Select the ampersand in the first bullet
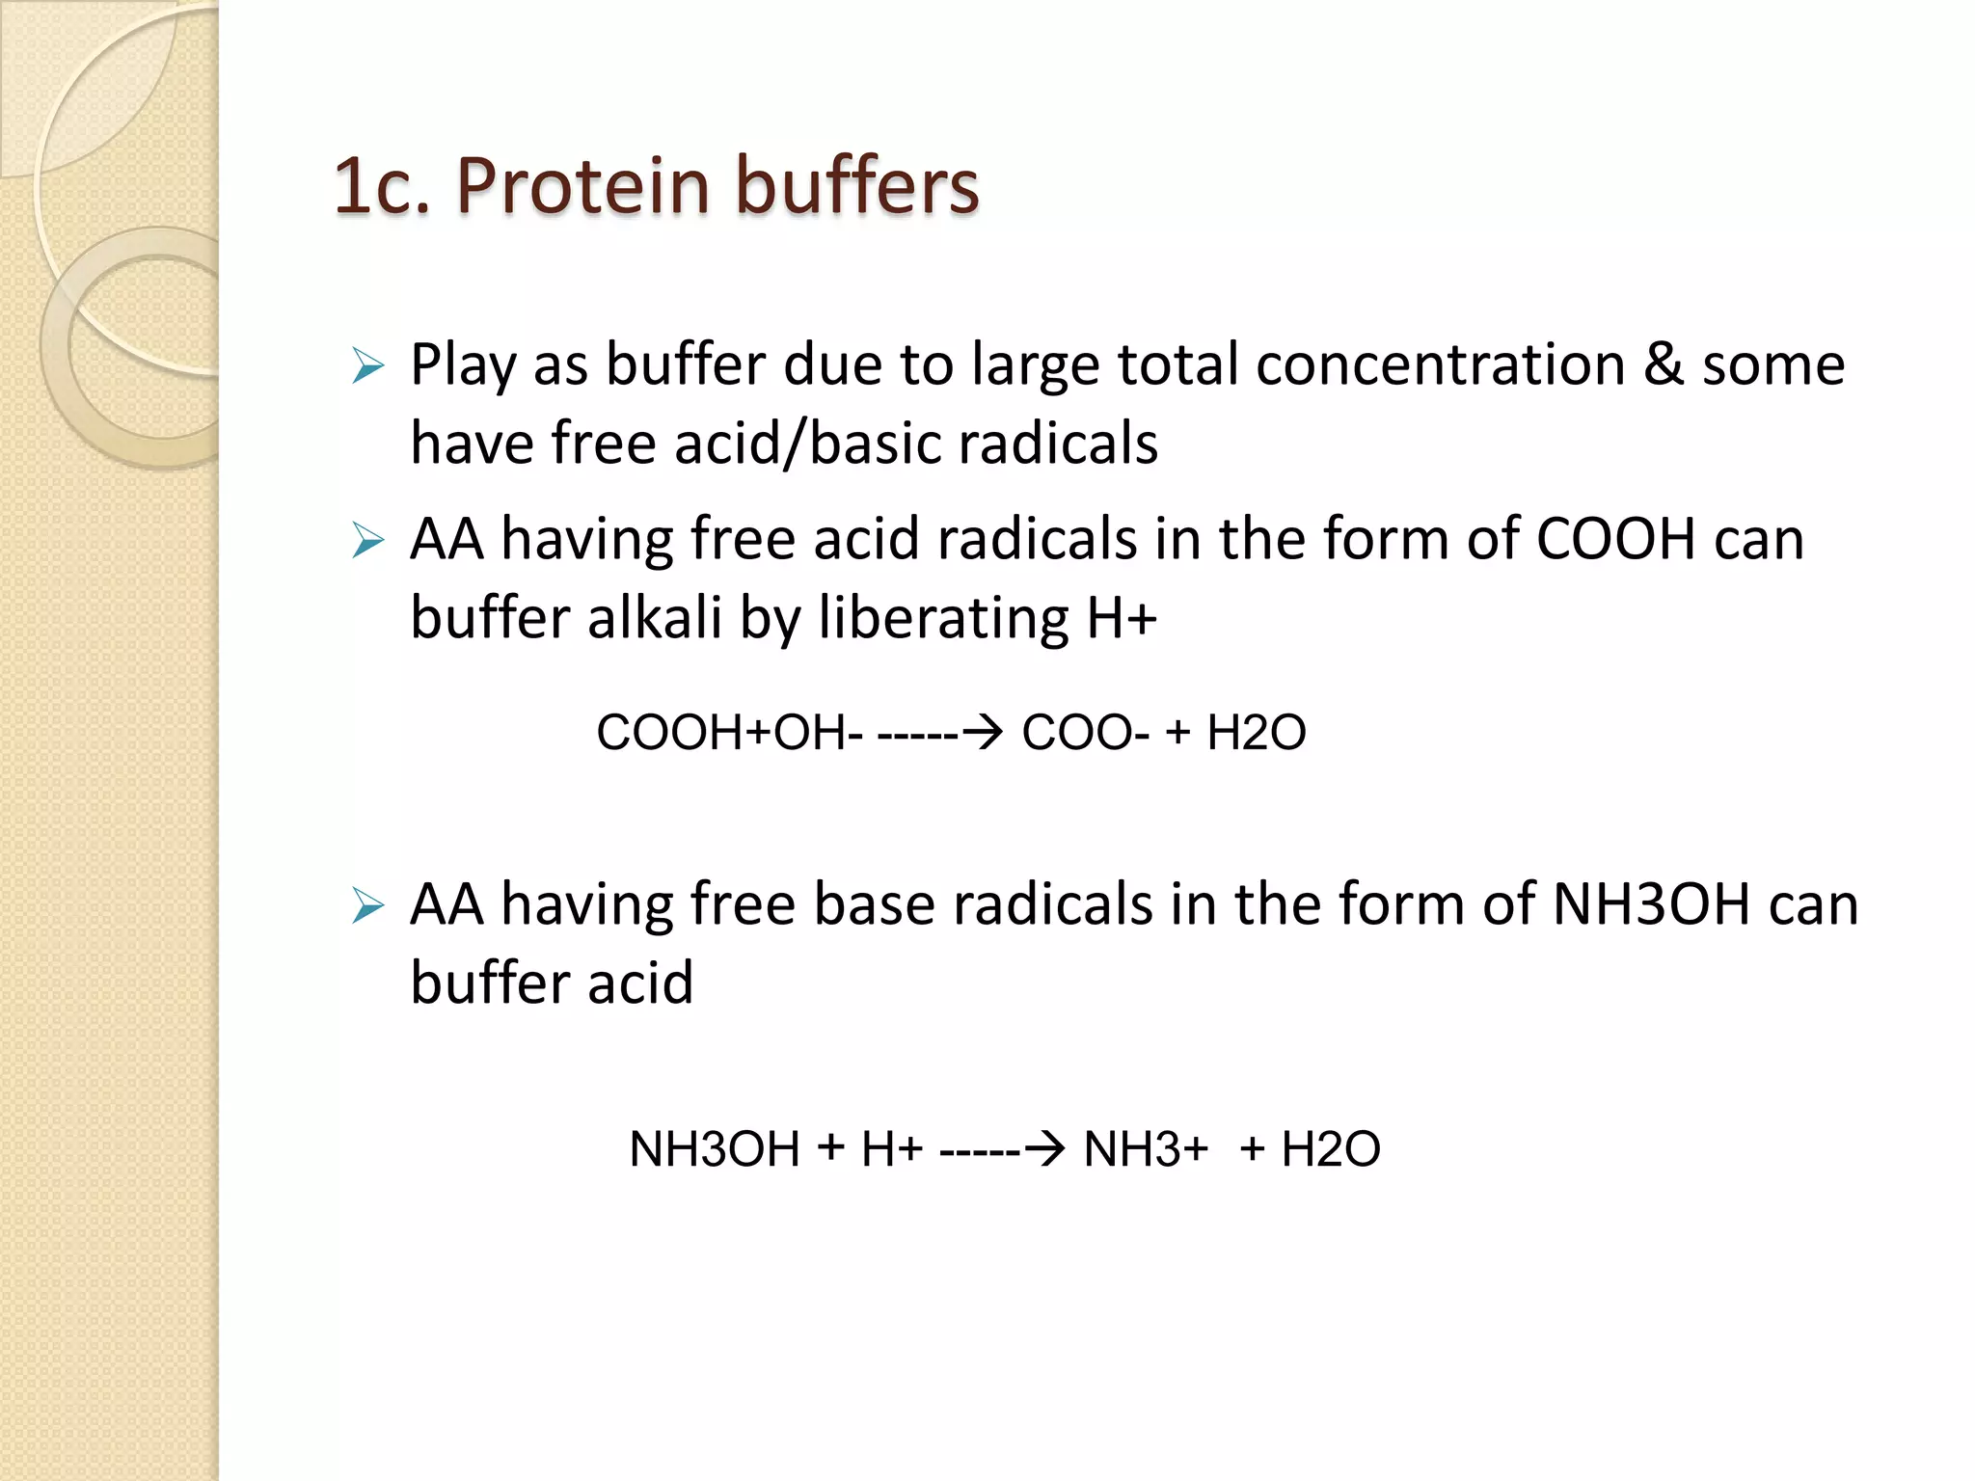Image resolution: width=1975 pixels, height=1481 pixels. pyautogui.click(x=1664, y=364)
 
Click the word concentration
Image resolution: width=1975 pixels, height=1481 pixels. pyautogui.click(x=1441, y=364)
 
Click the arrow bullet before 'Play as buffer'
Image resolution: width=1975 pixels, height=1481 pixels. pyautogui.click(x=367, y=366)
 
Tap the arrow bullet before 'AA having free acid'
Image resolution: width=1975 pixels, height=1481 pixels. pyautogui.click(x=367, y=540)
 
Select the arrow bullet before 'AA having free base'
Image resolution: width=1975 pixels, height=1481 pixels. pyautogui.click(x=367, y=906)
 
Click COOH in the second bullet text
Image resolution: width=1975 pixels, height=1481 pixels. pyautogui.click(x=1615, y=538)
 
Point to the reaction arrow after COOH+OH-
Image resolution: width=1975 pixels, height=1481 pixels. pyautogui.click(x=940, y=733)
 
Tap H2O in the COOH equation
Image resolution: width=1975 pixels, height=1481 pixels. pyautogui.click(x=1256, y=733)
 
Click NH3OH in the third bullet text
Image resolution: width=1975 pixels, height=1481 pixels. pyautogui.click(x=1651, y=904)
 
